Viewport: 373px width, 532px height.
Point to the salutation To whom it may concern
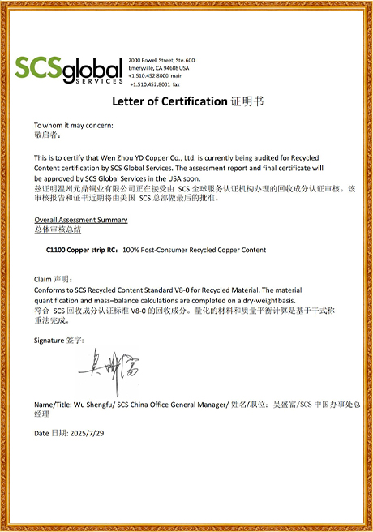(x=74, y=125)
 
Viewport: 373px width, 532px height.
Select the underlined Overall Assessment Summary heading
(x=80, y=220)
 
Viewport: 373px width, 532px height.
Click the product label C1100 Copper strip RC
(x=82, y=250)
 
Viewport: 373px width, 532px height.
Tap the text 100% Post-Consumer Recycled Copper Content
(x=195, y=250)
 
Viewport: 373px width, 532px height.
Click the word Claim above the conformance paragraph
(x=43, y=277)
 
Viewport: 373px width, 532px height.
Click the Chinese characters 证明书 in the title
(x=247, y=102)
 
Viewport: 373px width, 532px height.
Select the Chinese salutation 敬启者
(x=47, y=135)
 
